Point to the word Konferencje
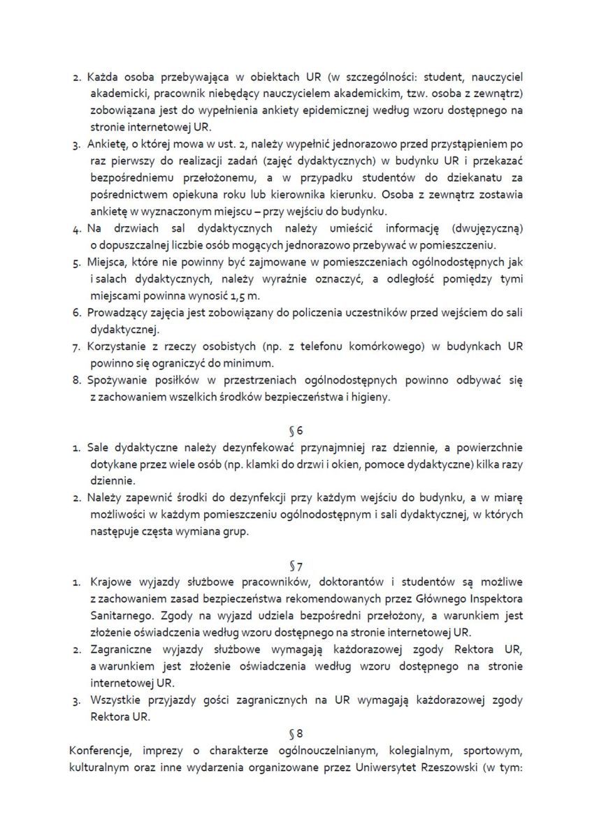coord(100,751)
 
